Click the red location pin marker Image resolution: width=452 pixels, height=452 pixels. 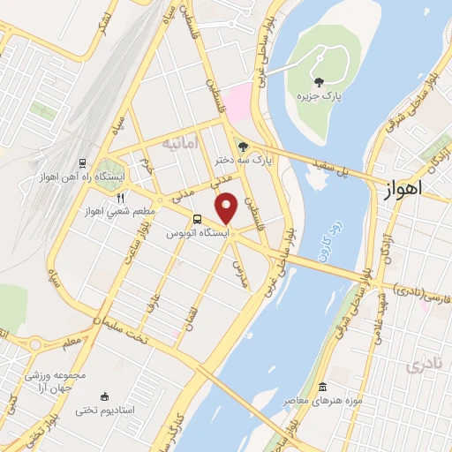(x=227, y=207)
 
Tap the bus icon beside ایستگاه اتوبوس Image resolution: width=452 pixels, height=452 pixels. (x=197, y=220)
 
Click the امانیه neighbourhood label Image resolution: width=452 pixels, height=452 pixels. (x=180, y=141)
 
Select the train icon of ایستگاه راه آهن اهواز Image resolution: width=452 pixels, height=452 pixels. (x=82, y=163)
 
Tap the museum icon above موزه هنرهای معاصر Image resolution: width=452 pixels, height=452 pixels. (x=322, y=388)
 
